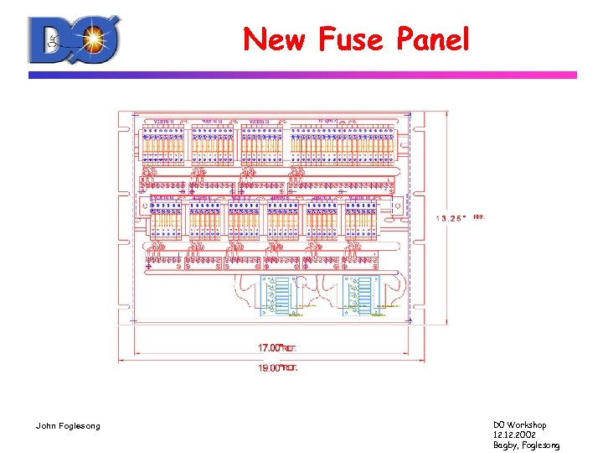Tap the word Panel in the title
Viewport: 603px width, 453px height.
433,39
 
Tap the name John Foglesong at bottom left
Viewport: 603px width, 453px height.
68,426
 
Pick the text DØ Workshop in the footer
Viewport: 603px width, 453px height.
519,425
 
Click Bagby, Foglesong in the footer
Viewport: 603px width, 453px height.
526,445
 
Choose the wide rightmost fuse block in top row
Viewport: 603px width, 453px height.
342,143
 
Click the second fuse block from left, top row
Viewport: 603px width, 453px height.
212,143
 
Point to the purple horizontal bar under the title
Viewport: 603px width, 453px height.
302,75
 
